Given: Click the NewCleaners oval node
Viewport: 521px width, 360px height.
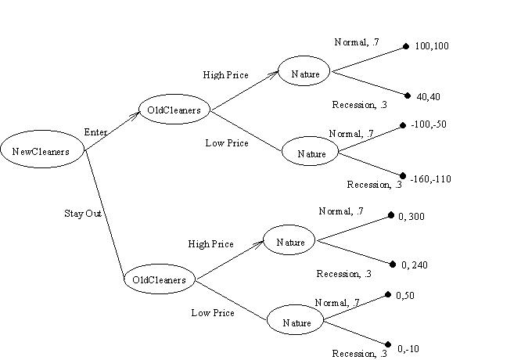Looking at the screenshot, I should [42, 152].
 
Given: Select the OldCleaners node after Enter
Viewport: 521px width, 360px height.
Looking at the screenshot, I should [174, 110].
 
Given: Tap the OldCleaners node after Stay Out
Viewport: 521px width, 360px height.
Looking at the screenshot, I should [159, 279].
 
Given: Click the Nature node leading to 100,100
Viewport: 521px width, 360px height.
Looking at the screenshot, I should [305, 74].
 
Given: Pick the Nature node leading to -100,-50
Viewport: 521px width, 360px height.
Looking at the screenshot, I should [311, 153].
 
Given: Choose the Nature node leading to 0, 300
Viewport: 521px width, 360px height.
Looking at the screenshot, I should [289, 242].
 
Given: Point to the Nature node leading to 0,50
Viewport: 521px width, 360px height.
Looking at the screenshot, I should [296, 322].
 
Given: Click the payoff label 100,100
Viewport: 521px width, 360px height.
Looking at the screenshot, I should [432, 47].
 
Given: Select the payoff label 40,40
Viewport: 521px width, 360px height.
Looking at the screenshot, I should [429, 97].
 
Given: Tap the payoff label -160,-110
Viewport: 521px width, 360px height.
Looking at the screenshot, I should [430, 179].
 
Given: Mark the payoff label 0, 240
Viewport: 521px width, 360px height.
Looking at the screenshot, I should [415, 265].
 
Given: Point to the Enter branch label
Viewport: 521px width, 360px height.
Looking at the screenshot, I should [95, 132].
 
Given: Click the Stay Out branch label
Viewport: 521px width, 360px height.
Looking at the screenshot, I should [82, 213].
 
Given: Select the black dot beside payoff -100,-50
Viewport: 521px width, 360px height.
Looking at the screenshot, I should [402, 125].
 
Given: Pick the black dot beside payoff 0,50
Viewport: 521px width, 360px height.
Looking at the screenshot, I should [389, 295].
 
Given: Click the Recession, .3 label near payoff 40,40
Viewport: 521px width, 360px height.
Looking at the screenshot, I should [359, 104].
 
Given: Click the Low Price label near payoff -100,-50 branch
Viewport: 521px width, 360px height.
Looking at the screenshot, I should [227, 143].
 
